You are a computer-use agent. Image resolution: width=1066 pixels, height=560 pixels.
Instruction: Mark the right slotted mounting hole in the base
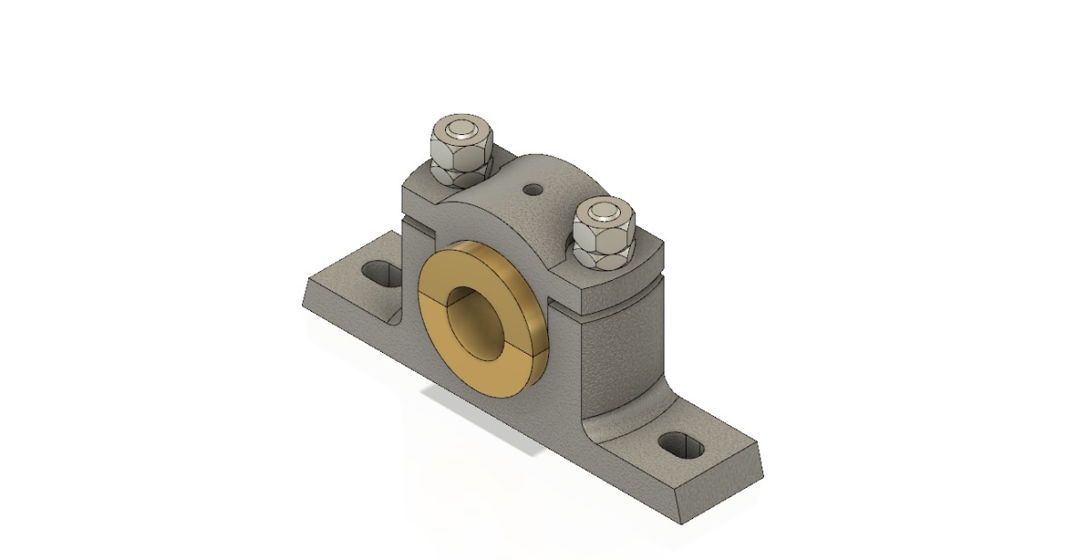681,442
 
